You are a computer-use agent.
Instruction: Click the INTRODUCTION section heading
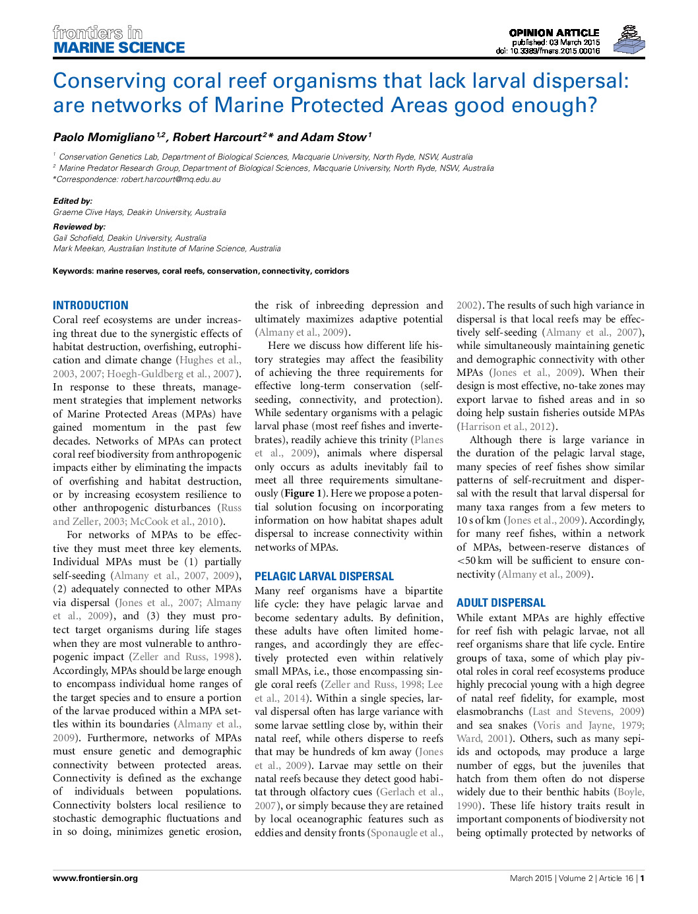(90, 305)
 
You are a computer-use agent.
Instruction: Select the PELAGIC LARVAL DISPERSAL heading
(324, 576)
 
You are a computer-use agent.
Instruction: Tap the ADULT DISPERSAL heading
(501, 603)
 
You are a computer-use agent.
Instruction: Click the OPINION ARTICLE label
(554, 32)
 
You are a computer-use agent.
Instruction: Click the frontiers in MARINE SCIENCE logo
(119, 40)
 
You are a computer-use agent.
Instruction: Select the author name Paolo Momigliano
(104, 137)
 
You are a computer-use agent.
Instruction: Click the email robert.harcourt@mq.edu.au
(170, 179)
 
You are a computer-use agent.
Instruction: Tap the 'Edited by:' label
(73, 201)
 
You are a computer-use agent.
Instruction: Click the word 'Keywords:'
(73, 271)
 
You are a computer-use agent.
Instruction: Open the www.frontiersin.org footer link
(95, 878)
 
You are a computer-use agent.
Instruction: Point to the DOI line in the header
(548, 51)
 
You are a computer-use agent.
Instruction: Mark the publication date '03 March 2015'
(574, 42)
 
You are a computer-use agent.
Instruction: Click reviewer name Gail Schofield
(79, 238)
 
